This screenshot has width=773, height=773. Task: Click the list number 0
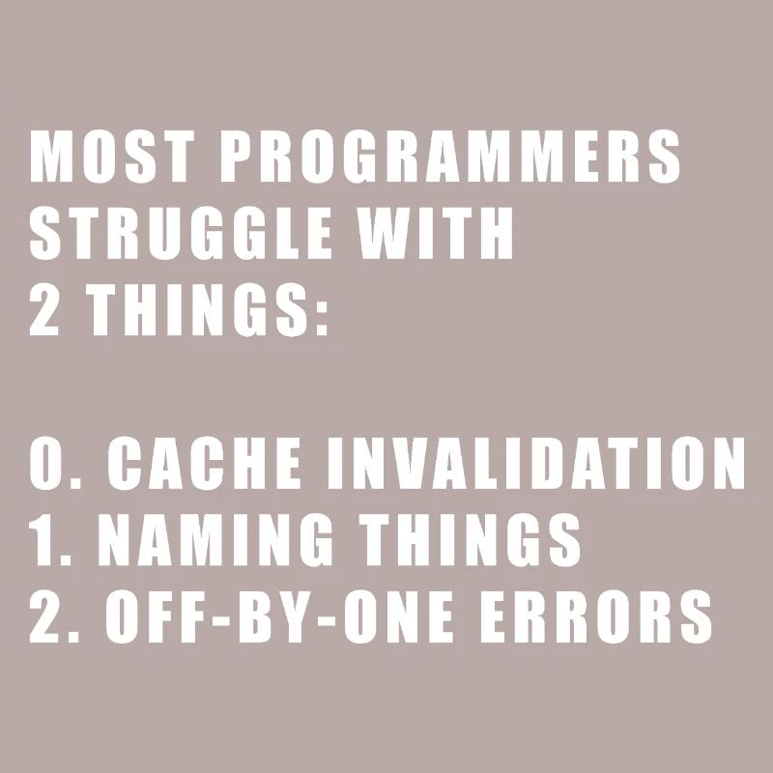(x=46, y=465)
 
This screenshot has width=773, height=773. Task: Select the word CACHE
(x=207, y=465)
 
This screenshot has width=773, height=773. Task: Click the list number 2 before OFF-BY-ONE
(x=44, y=619)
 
